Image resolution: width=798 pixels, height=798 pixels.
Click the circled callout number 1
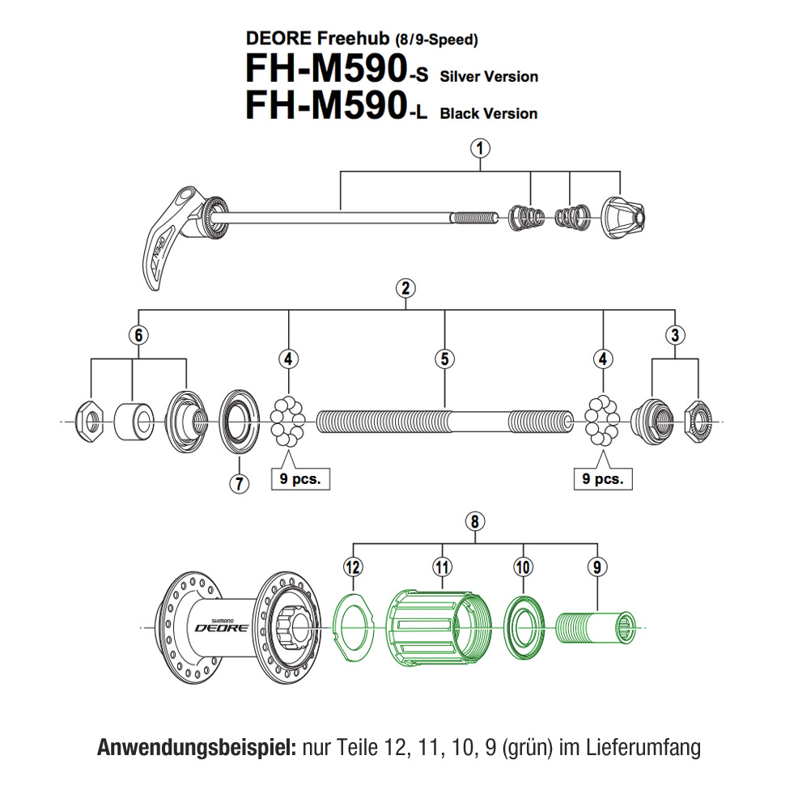click(x=481, y=147)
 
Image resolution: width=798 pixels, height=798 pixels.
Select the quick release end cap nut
click(x=623, y=216)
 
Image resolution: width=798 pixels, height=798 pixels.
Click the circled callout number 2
click(x=405, y=287)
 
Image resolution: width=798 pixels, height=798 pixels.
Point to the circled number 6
click(x=140, y=333)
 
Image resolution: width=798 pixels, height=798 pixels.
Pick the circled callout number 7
click(x=238, y=483)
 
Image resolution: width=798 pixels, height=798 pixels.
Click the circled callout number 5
click(x=444, y=359)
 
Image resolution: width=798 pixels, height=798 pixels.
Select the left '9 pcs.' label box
click(x=300, y=478)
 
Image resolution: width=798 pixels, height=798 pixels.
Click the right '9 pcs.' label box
click(x=602, y=478)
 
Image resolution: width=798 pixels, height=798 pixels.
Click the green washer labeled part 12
click(x=352, y=623)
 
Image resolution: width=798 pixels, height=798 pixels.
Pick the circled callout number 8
click(x=476, y=522)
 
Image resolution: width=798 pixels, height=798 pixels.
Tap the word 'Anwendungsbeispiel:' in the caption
click(x=197, y=747)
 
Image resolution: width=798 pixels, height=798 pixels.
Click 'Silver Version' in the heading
click(x=489, y=77)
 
